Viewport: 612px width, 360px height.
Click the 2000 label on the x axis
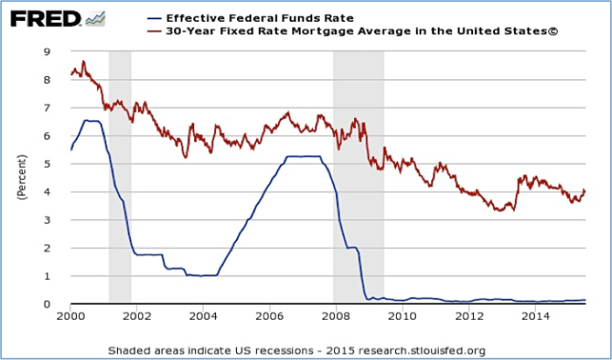coord(70,317)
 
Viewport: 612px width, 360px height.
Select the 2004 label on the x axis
coord(202,317)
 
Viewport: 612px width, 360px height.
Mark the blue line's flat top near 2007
coord(302,156)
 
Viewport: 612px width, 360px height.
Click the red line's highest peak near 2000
coord(83,61)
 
